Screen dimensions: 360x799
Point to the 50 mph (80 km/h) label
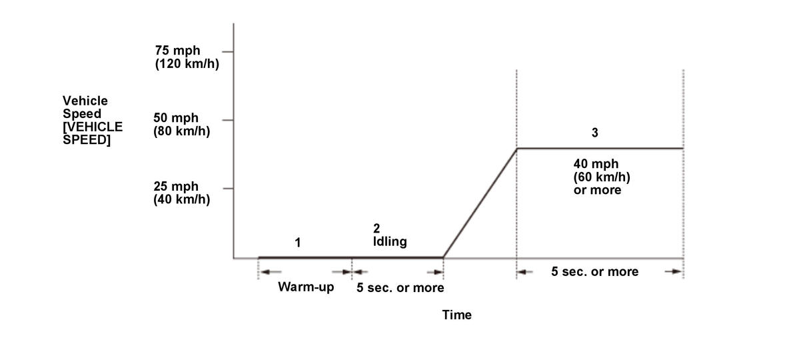[181, 125]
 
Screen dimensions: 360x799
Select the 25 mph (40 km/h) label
[181, 193]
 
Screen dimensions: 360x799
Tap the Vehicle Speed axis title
[93, 120]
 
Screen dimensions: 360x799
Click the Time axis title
[456, 315]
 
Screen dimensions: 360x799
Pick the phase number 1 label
[298, 243]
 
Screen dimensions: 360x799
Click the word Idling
[390, 241]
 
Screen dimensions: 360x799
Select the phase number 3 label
[594, 133]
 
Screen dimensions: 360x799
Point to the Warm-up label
[306, 287]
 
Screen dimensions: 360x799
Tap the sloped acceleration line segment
[480, 203]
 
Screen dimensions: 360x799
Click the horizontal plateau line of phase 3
[600, 148]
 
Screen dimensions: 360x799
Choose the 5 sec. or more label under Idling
[400, 288]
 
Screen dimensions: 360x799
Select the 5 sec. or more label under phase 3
[595, 271]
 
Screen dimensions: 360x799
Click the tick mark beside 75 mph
[228, 51]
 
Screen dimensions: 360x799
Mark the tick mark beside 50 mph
[228, 120]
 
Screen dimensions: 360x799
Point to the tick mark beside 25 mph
[228, 189]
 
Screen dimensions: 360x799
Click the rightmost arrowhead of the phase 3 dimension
[676, 271]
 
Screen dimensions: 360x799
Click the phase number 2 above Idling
[377, 228]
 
